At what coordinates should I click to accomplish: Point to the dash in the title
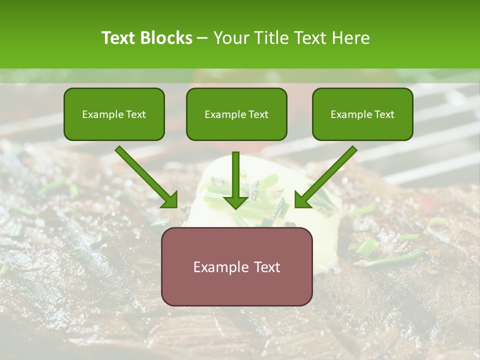pos(202,38)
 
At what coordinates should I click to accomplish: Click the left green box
pos(114,114)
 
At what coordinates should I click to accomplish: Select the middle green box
pos(236,114)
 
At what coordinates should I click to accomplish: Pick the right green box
pos(362,114)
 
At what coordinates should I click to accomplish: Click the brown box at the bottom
pos(236,266)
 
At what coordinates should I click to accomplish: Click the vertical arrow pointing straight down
pos(236,180)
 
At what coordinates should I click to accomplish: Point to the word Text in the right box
pos(383,114)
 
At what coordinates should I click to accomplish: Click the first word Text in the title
pos(118,38)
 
